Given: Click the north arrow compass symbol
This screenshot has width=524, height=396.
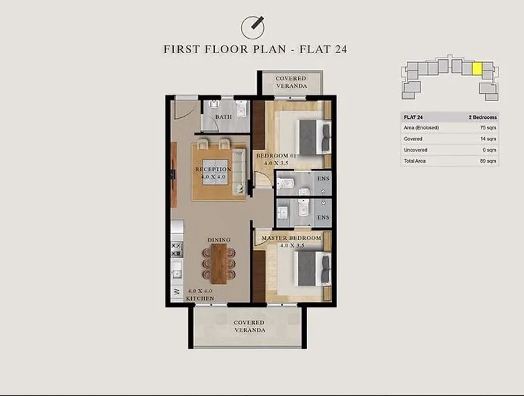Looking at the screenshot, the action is (253, 27).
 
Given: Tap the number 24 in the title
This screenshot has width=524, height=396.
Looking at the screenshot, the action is (340, 49).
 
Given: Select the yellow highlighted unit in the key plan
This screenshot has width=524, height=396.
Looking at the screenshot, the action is (477, 68).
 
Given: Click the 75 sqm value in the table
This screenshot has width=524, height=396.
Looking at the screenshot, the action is (488, 128).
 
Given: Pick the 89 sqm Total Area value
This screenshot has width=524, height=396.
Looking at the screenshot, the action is (488, 161).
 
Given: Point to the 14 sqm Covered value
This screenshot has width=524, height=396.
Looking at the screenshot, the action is (488, 139).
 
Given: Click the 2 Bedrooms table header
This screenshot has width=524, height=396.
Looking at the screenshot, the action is (483, 117).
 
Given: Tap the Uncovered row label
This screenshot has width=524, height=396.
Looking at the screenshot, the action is (415, 150).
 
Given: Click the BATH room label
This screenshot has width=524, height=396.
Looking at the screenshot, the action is (223, 117).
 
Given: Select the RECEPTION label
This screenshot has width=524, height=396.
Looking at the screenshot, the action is (214, 169).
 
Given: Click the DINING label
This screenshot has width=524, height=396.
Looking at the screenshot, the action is (219, 240).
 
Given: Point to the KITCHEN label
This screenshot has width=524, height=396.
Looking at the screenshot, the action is (200, 298).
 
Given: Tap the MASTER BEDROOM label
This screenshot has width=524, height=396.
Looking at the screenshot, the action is (291, 238).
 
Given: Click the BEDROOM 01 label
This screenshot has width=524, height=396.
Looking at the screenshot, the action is (276, 155).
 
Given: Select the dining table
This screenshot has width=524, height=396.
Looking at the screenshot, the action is (219, 264).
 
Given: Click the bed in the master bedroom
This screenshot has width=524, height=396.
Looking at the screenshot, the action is (312, 269).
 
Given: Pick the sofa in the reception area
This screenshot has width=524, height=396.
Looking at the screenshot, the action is (238, 171).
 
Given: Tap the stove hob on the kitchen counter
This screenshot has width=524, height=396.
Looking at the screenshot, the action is (177, 250).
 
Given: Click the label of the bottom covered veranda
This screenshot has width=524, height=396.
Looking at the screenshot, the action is (250, 326).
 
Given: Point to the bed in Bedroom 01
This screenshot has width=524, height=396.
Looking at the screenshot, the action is (314, 137).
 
